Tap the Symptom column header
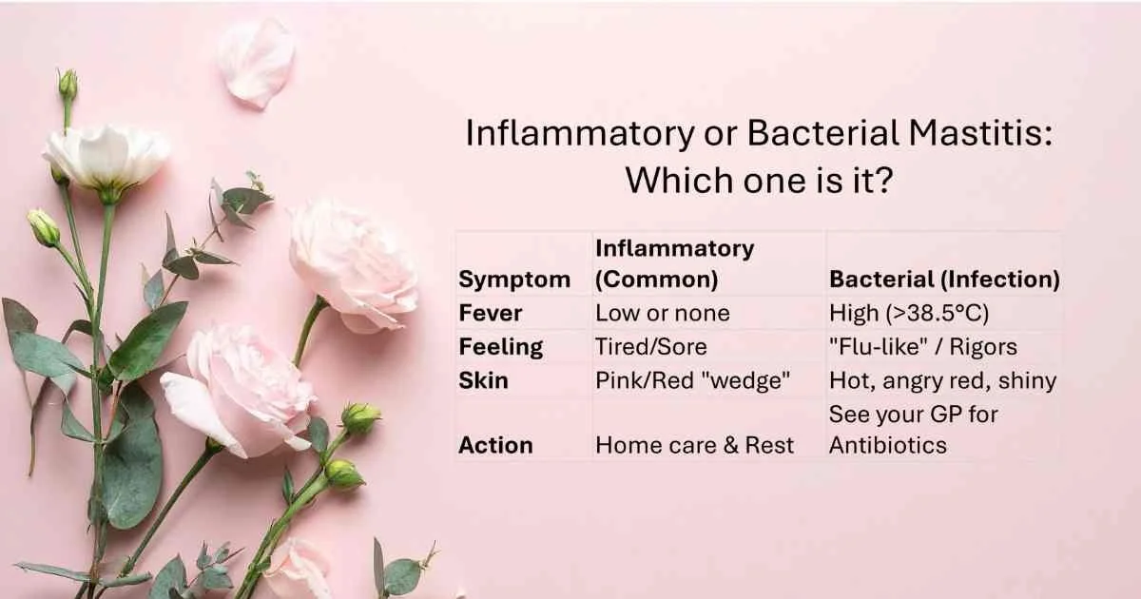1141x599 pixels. coord(514,280)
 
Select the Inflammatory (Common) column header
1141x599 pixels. coord(674,264)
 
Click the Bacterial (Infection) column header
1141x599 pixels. coord(944,280)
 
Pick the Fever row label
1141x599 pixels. coord(490,313)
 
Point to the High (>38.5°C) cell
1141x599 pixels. coord(910,313)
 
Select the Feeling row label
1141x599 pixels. coord(500,347)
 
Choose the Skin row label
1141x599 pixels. coord(483,380)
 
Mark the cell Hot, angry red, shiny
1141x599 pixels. coord(942,380)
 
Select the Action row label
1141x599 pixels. coord(495,445)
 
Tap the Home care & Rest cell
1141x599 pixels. coord(694,445)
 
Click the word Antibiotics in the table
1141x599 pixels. coord(888,445)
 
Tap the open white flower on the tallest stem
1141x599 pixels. coord(106,154)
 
